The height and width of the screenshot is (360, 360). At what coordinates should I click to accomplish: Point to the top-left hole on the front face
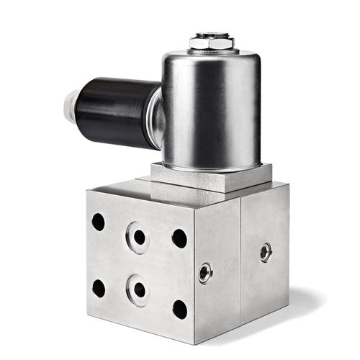[x=99, y=222]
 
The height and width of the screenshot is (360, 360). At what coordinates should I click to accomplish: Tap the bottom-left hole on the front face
[x=99, y=289]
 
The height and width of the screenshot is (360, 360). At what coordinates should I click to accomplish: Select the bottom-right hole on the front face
[x=179, y=309]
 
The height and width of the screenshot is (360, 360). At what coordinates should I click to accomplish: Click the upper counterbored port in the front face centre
[x=138, y=236]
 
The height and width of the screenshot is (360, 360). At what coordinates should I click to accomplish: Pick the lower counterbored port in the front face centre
[x=139, y=289]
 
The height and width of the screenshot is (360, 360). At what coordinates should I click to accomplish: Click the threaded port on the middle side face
[x=206, y=271]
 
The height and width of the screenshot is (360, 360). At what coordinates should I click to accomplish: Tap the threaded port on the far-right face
[x=266, y=252]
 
